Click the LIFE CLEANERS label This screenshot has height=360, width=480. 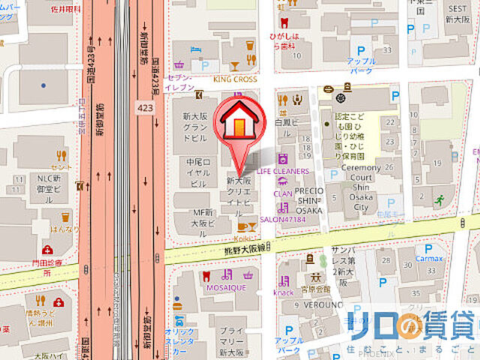tap(283, 172)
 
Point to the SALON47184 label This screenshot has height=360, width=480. tap(283, 219)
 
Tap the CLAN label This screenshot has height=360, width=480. tap(283, 193)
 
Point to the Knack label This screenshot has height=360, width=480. tap(284, 292)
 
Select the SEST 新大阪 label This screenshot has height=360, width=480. tap(457, 12)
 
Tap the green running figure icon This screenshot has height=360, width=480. tap(439, 199)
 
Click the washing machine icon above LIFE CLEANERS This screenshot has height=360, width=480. tap(283, 159)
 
